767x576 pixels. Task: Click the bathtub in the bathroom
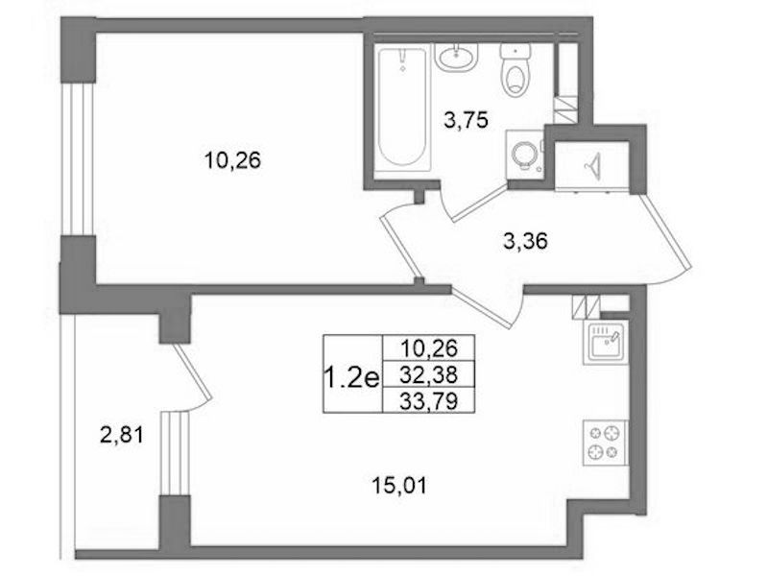coord(404,108)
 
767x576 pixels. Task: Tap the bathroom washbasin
coord(456,58)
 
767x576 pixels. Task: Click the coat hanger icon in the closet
coord(593,165)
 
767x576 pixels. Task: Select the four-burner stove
coord(605,442)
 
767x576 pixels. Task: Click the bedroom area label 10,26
coord(233,160)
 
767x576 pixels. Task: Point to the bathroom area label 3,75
coord(467,119)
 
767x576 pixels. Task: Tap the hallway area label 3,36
coord(525,241)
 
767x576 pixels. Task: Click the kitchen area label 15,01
coord(399,486)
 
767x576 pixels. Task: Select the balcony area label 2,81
coord(122,435)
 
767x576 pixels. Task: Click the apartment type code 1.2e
coord(351,378)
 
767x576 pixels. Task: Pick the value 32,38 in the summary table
coord(428,374)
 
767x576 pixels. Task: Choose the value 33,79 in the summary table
coord(428,401)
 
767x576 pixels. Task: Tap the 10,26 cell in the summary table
coord(428,348)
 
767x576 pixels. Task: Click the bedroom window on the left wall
coord(78,159)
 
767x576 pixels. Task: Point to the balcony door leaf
coord(192,371)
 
